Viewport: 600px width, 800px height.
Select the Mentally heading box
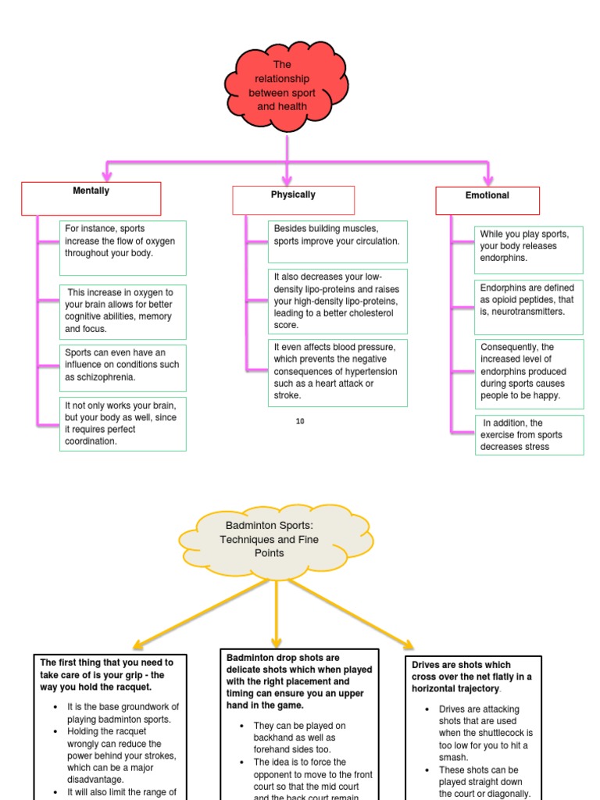coord(91,198)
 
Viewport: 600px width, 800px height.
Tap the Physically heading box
coord(293,200)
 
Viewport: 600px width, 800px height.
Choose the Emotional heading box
coord(487,201)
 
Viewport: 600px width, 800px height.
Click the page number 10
coord(300,422)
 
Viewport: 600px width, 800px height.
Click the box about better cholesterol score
coord(337,301)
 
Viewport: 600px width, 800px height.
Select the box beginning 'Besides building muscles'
coord(337,241)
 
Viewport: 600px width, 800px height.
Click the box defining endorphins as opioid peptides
coord(528,299)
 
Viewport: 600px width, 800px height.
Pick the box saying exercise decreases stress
coord(528,435)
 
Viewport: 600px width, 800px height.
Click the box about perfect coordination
coord(123,423)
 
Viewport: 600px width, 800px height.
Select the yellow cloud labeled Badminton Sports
coord(277,539)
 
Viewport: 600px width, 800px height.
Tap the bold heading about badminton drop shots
coord(299,681)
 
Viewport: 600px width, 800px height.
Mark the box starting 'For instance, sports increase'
coord(123,248)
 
